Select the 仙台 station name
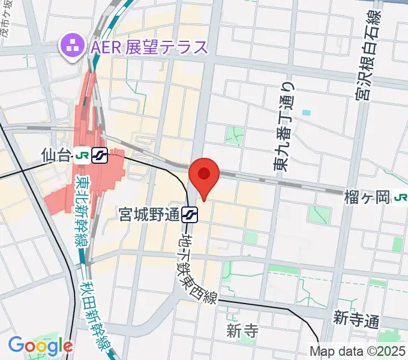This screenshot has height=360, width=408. pos(57,156)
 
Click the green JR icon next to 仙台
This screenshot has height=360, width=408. pos(82,156)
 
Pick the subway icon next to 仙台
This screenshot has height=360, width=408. pos(100,156)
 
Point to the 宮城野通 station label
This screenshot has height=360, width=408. pos(149,214)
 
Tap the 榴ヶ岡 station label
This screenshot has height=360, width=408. pos(367,196)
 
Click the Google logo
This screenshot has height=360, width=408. pos(40,346)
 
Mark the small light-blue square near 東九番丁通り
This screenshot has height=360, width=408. pos(307,112)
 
